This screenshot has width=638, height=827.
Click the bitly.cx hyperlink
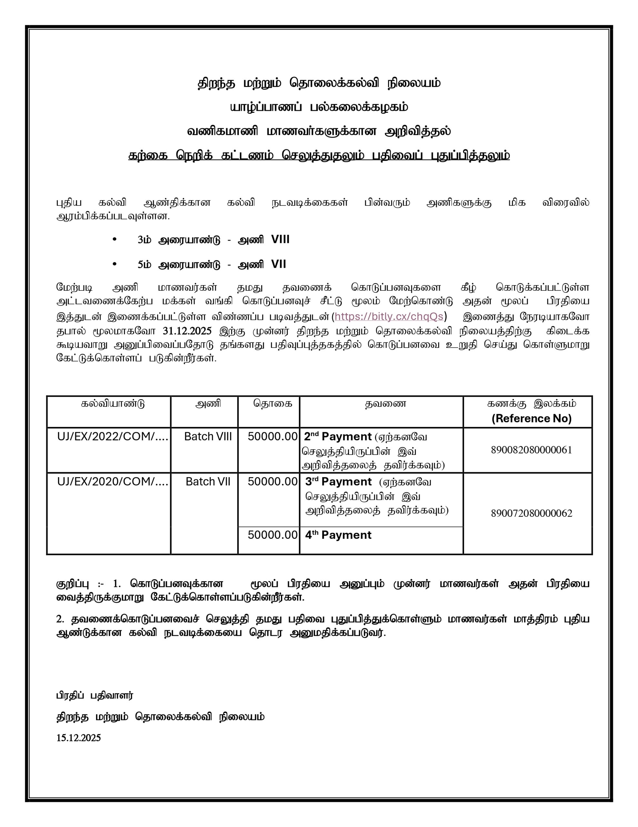389,317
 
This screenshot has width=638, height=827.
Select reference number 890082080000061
531,450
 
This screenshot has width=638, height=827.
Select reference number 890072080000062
531,513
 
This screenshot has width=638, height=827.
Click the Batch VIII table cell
208,437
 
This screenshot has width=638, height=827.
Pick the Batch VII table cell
208,482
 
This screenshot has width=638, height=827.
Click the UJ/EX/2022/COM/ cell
113,437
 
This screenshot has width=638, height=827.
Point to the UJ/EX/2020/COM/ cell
113,482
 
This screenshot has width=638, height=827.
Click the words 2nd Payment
338,437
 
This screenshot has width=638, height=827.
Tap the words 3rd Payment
338,482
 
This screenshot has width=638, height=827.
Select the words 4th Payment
338,535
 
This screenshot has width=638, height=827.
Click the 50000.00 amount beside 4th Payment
272,535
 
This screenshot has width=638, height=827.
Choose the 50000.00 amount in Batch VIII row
272,437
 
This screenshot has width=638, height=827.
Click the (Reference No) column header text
531,418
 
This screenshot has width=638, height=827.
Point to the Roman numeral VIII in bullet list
280,239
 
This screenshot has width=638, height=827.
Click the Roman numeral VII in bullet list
278,264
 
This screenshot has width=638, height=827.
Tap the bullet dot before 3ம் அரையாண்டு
115,239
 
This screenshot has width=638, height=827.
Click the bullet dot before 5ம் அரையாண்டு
115,264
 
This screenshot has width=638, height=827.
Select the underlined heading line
319,156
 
